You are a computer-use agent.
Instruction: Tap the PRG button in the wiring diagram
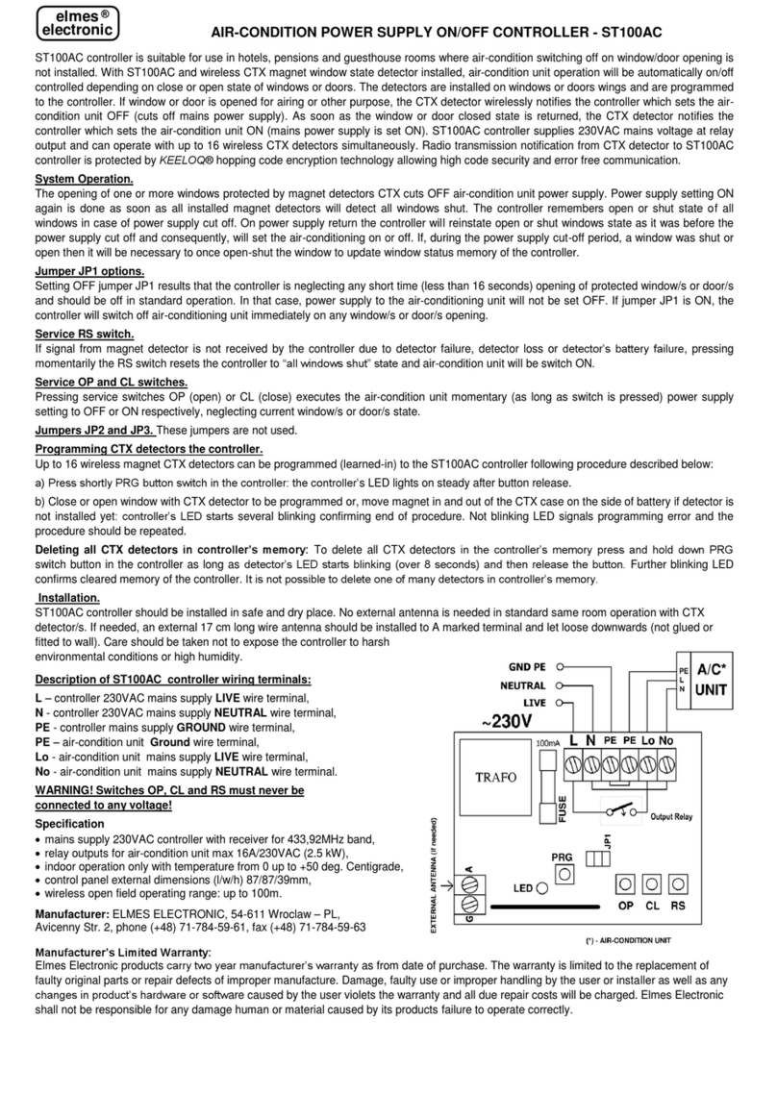pos(565,873)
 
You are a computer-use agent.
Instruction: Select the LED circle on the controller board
pos(542,887)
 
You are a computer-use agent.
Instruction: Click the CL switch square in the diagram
pos(651,883)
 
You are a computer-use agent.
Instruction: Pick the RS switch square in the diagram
pos(678,883)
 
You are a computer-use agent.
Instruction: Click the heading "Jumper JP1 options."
pos(88,271)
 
